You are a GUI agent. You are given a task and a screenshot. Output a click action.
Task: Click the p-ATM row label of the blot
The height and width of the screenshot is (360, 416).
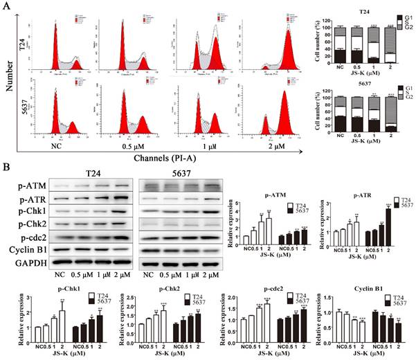pyautogui.click(x=26, y=186)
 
